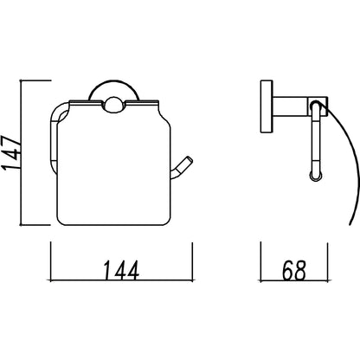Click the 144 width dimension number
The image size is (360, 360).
[x=121, y=270]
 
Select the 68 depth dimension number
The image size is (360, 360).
[x=293, y=270]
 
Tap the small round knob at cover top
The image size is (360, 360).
[x=113, y=105]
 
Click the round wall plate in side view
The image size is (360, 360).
[x=267, y=106]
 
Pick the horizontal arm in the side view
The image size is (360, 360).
[x=290, y=106]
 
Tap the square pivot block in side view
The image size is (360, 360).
[x=318, y=106]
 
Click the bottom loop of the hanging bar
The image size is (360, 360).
[x=316, y=176]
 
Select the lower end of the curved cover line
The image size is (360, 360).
[x=350, y=224]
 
